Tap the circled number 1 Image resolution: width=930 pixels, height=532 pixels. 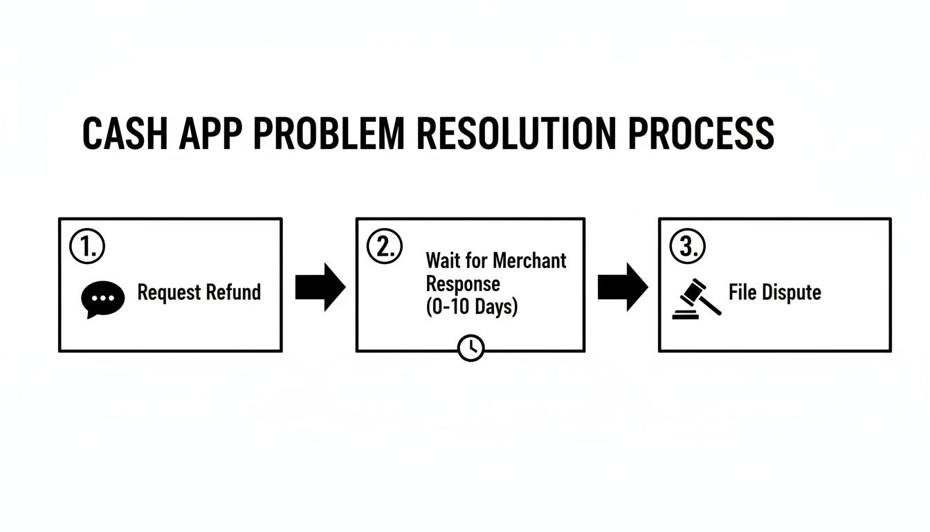(x=87, y=247)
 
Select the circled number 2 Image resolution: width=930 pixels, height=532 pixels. (x=384, y=247)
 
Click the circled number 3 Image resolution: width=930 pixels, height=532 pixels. (x=687, y=247)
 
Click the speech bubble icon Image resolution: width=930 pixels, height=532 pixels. (x=103, y=299)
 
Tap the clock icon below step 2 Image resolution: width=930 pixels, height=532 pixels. (x=471, y=348)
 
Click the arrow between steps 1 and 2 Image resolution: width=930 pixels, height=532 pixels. (x=320, y=286)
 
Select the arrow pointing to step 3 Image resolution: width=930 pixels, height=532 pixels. (x=622, y=286)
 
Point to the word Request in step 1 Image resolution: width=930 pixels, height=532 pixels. (x=166, y=292)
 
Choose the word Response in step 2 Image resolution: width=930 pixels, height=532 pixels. (x=462, y=283)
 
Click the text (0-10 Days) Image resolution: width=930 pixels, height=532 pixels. (x=471, y=306)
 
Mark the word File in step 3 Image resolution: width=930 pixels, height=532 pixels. (x=740, y=292)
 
